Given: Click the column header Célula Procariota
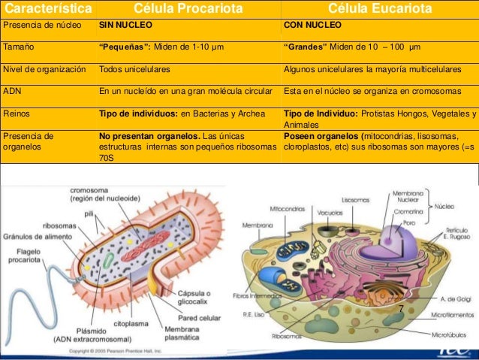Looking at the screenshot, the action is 188,8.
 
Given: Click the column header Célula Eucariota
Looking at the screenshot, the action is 381,8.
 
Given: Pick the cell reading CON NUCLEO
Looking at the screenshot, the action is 312,25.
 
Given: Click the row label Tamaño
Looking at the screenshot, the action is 18,47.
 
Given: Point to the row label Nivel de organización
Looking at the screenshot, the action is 44,69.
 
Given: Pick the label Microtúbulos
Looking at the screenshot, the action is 452,334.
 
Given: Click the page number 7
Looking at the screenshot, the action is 402,309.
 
